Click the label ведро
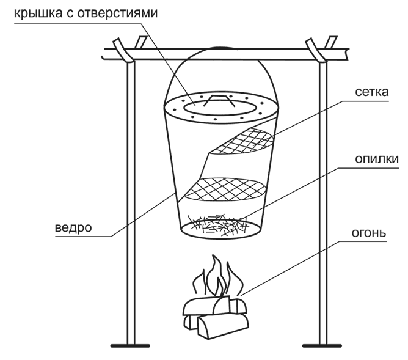pos(72,228)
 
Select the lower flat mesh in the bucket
pos(225,189)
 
